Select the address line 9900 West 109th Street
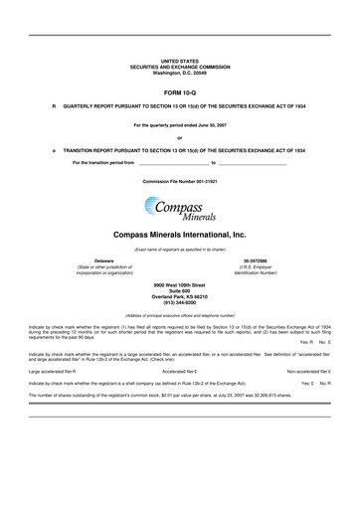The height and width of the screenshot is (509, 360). pyautogui.click(x=180, y=283)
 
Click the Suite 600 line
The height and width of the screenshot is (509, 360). pyautogui.click(x=180, y=289)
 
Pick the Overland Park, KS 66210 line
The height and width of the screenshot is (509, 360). pyautogui.click(x=180, y=295)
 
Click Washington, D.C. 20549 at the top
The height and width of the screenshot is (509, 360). pyautogui.click(x=180, y=73)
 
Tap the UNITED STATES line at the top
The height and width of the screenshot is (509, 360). pyautogui.click(x=180, y=61)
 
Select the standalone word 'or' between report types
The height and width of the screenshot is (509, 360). pyautogui.click(x=180, y=137)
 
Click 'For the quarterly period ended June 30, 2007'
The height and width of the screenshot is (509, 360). pyautogui.click(x=180, y=126)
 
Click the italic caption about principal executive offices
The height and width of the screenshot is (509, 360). pyautogui.click(x=180, y=314)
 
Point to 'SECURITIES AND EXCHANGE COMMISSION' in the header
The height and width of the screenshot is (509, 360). pyautogui.click(x=180, y=67)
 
